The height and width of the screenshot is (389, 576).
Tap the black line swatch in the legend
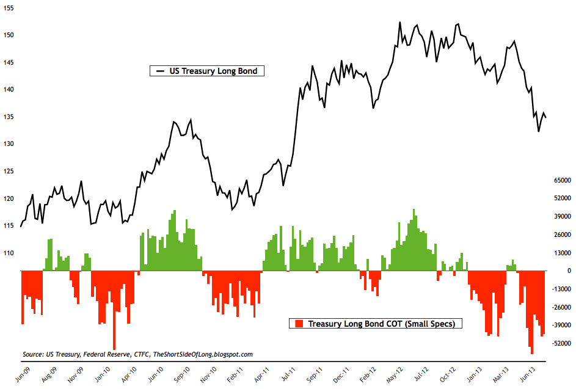point(161,71)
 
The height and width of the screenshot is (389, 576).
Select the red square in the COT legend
point(299,324)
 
